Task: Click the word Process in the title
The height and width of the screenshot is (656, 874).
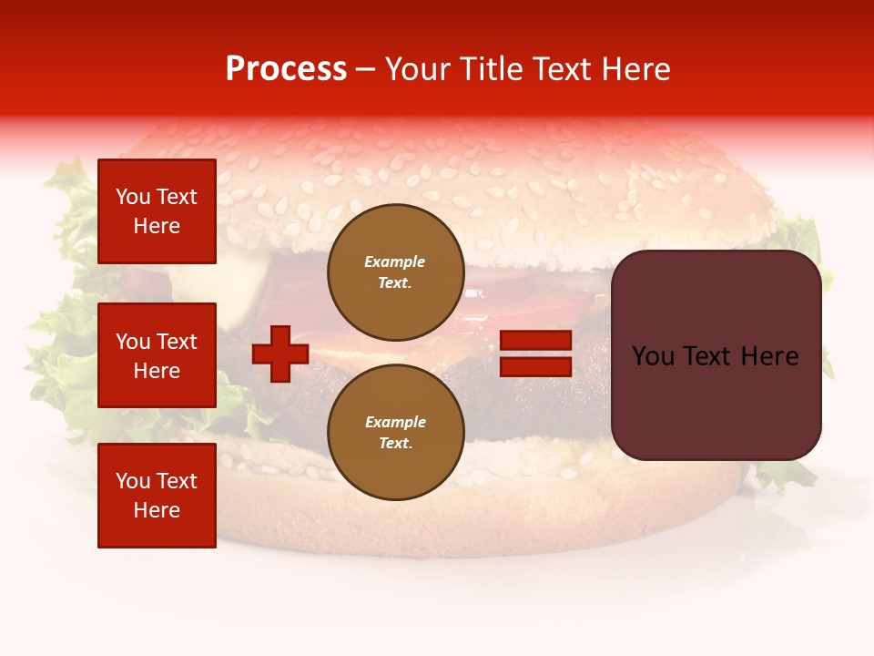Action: (286, 69)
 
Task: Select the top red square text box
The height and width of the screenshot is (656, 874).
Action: (157, 211)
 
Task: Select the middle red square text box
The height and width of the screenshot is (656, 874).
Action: (157, 355)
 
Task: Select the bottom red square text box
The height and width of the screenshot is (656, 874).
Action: (157, 496)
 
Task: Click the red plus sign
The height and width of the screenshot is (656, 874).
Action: (280, 353)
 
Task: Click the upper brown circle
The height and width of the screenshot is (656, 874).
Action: (395, 272)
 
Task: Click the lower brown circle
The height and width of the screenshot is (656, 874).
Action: (395, 432)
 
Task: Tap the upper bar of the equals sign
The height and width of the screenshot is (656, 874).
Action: (536, 340)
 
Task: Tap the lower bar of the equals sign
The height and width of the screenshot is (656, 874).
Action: (536, 366)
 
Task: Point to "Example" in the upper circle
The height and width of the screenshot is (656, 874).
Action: (395, 261)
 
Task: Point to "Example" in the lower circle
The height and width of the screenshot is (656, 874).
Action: (395, 422)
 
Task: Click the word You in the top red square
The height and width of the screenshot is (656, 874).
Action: (133, 197)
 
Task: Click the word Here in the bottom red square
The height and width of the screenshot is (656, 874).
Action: (157, 510)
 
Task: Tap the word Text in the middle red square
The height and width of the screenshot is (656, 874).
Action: (177, 342)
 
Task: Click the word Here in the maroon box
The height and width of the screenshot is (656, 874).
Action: (770, 356)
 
